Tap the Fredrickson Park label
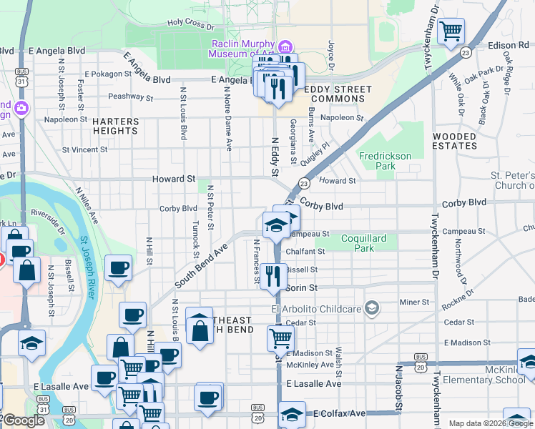click(x=386, y=161)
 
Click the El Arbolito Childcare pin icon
click(x=371, y=308)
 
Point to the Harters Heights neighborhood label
click(x=115, y=127)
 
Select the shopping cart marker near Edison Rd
click(x=451, y=31)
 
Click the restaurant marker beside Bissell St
click(x=273, y=275)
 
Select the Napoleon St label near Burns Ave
click(x=342, y=118)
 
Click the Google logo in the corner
click(x=24, y=420)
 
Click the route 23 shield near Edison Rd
click(x=466, y=52)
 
